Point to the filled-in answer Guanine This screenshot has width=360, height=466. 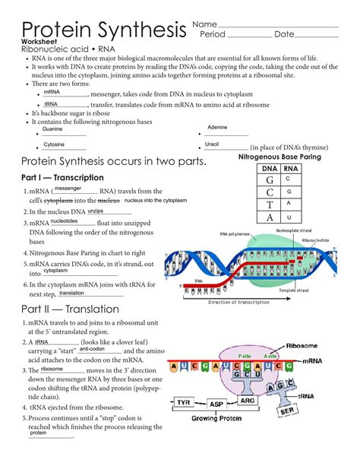tap(52, 129)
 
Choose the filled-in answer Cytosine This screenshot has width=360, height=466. tap(53, 144)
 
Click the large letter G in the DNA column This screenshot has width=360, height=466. tap(270, 180)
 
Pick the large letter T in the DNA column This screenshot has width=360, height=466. tap(270, 204)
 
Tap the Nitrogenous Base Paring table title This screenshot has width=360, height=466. tap(279, 157)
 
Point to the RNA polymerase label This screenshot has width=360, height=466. tap(235, 234)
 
